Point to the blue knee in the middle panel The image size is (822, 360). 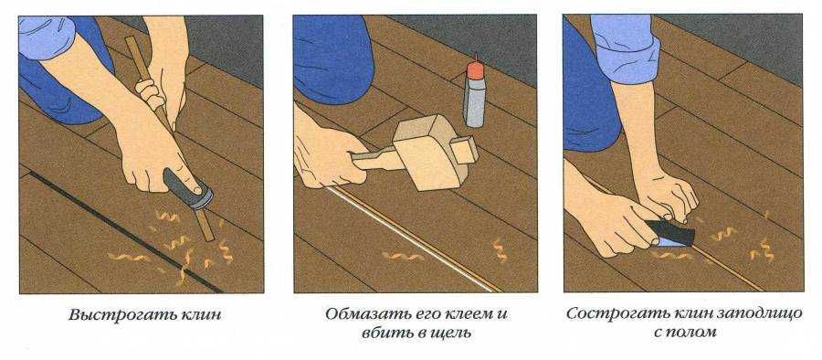(x=330, y=58)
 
